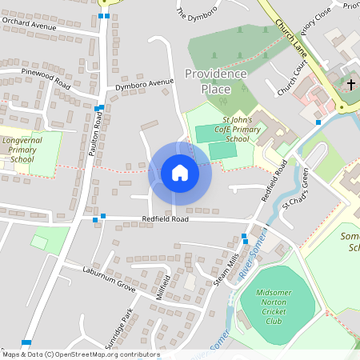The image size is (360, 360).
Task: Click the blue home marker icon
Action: point(179,172)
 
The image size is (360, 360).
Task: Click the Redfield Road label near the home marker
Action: point(166,218)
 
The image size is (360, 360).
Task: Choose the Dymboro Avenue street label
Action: point(144,82)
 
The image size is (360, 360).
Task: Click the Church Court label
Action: point(292,81)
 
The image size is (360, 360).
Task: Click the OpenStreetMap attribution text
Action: point(81,354)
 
